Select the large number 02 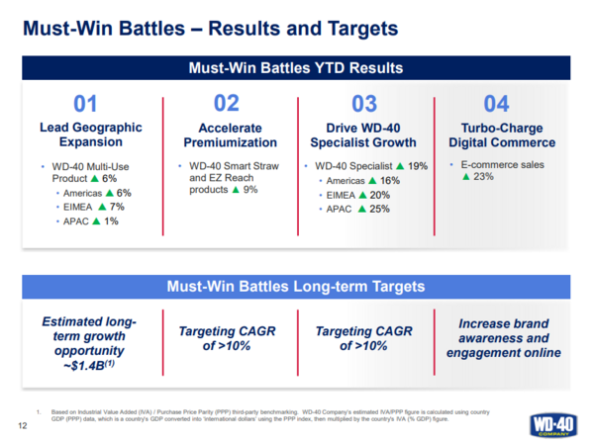(x=227, y=103)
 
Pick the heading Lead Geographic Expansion (x=90, y=135)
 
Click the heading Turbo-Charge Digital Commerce (x=503, y=135)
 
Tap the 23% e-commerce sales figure (x=484, y=177)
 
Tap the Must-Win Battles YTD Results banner (x=297, y=69)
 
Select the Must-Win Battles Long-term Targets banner (x=297, y=287)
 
